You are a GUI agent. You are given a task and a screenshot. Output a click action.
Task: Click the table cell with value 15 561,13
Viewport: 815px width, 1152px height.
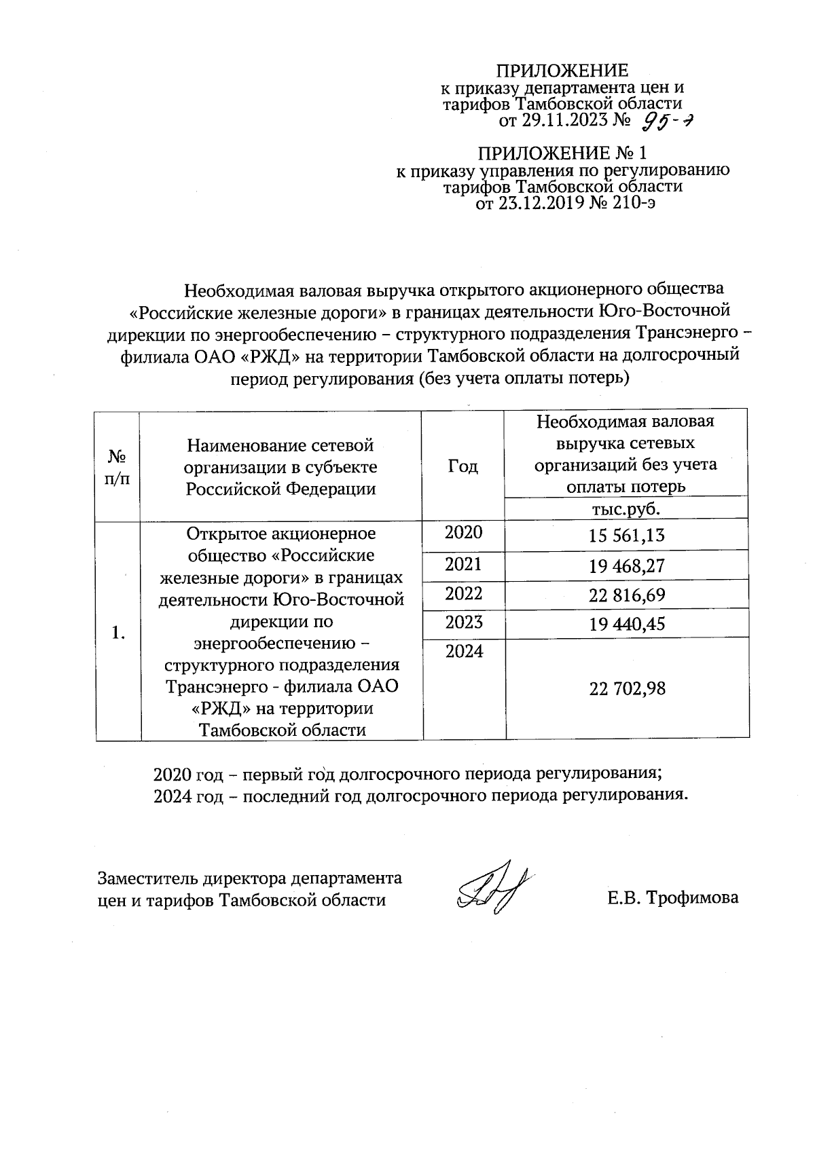[626, 536]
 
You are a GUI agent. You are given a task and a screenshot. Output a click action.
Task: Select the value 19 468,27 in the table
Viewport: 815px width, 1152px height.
[626, 566]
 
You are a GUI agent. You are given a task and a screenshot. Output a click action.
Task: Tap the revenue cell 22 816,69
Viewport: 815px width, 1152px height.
[626, 595]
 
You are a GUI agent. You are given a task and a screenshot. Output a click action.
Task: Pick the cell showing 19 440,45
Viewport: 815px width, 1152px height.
[626, 624]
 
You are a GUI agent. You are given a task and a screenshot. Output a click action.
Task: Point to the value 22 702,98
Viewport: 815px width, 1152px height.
[626, 689]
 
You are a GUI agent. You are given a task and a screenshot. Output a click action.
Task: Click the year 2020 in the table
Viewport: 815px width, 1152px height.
[463, 533]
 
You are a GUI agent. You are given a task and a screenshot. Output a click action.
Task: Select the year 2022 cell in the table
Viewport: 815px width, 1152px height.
[463, 593]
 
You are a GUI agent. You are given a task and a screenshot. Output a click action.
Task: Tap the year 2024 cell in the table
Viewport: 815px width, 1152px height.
[463, 652]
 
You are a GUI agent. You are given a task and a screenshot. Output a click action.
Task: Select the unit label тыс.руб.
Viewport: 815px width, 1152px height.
[626, 509]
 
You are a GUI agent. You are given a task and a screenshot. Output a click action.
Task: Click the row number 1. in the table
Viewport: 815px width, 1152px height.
[119, 633]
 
